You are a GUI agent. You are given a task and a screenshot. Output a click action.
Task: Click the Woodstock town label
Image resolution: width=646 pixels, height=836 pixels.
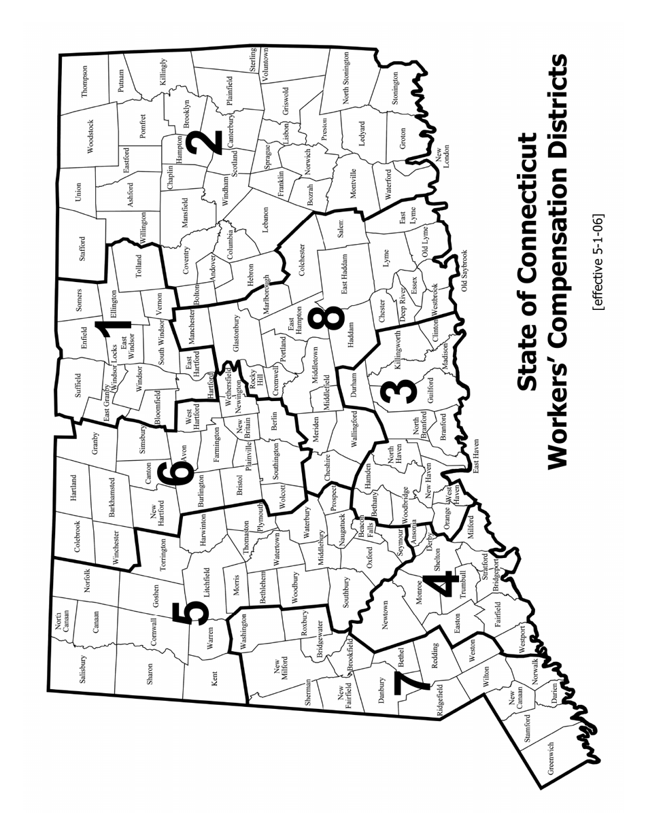[x=90, y=137]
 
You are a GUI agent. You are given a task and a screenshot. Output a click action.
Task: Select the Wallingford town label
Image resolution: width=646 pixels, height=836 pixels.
[x=354, y=428]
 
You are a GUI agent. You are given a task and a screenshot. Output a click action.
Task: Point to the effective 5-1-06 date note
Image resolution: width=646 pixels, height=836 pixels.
[x=598, y=263]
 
